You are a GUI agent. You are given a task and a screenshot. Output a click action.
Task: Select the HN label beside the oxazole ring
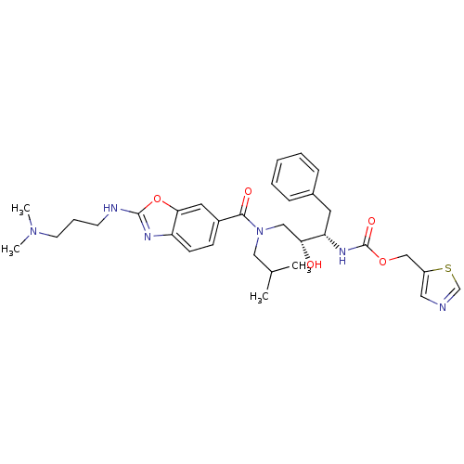click(111, 208)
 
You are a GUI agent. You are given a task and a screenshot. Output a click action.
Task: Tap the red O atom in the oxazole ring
click(157, 199)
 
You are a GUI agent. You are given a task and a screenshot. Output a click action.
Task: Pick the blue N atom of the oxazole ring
click(147, 236)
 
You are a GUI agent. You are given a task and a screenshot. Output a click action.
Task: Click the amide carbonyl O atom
click(247, 191)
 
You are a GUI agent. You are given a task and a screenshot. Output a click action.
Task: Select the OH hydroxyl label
click(314, 264)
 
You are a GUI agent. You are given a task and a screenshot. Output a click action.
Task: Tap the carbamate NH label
click(342, 255)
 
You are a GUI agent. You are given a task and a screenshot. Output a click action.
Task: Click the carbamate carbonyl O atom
click(371, 222)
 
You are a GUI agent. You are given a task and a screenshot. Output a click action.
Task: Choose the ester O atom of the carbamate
click(381, 261)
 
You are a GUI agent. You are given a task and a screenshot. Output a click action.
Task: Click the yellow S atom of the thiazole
click(448, 269)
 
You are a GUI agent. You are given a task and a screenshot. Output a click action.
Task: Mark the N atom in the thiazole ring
click(444, 306)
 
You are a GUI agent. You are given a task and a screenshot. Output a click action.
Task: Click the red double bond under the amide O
click(245, 204)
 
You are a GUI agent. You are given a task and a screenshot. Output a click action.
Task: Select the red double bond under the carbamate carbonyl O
click(368, 235)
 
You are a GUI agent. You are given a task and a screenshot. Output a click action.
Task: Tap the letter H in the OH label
click(318, 264)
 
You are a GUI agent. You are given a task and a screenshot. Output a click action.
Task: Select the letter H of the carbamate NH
click(342, 262)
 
